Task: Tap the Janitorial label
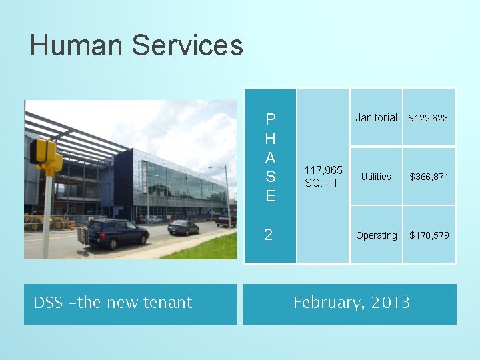[x=376, y=117]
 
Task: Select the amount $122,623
[x=429, y=118]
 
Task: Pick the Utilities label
[x=376, y=177]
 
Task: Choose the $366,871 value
[x=429, y=177]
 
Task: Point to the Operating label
[x=376, y=235]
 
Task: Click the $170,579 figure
[x=429, y=235]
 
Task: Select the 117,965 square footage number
[x=323, y=171]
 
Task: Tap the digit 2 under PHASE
[x=268, y=235]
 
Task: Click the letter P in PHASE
[x=270, y=120]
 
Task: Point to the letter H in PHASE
[x=270, y=139]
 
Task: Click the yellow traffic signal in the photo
[x=45, y=155]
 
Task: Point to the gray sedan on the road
[x=183, y=227]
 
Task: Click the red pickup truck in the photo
[x=225, y=219]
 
